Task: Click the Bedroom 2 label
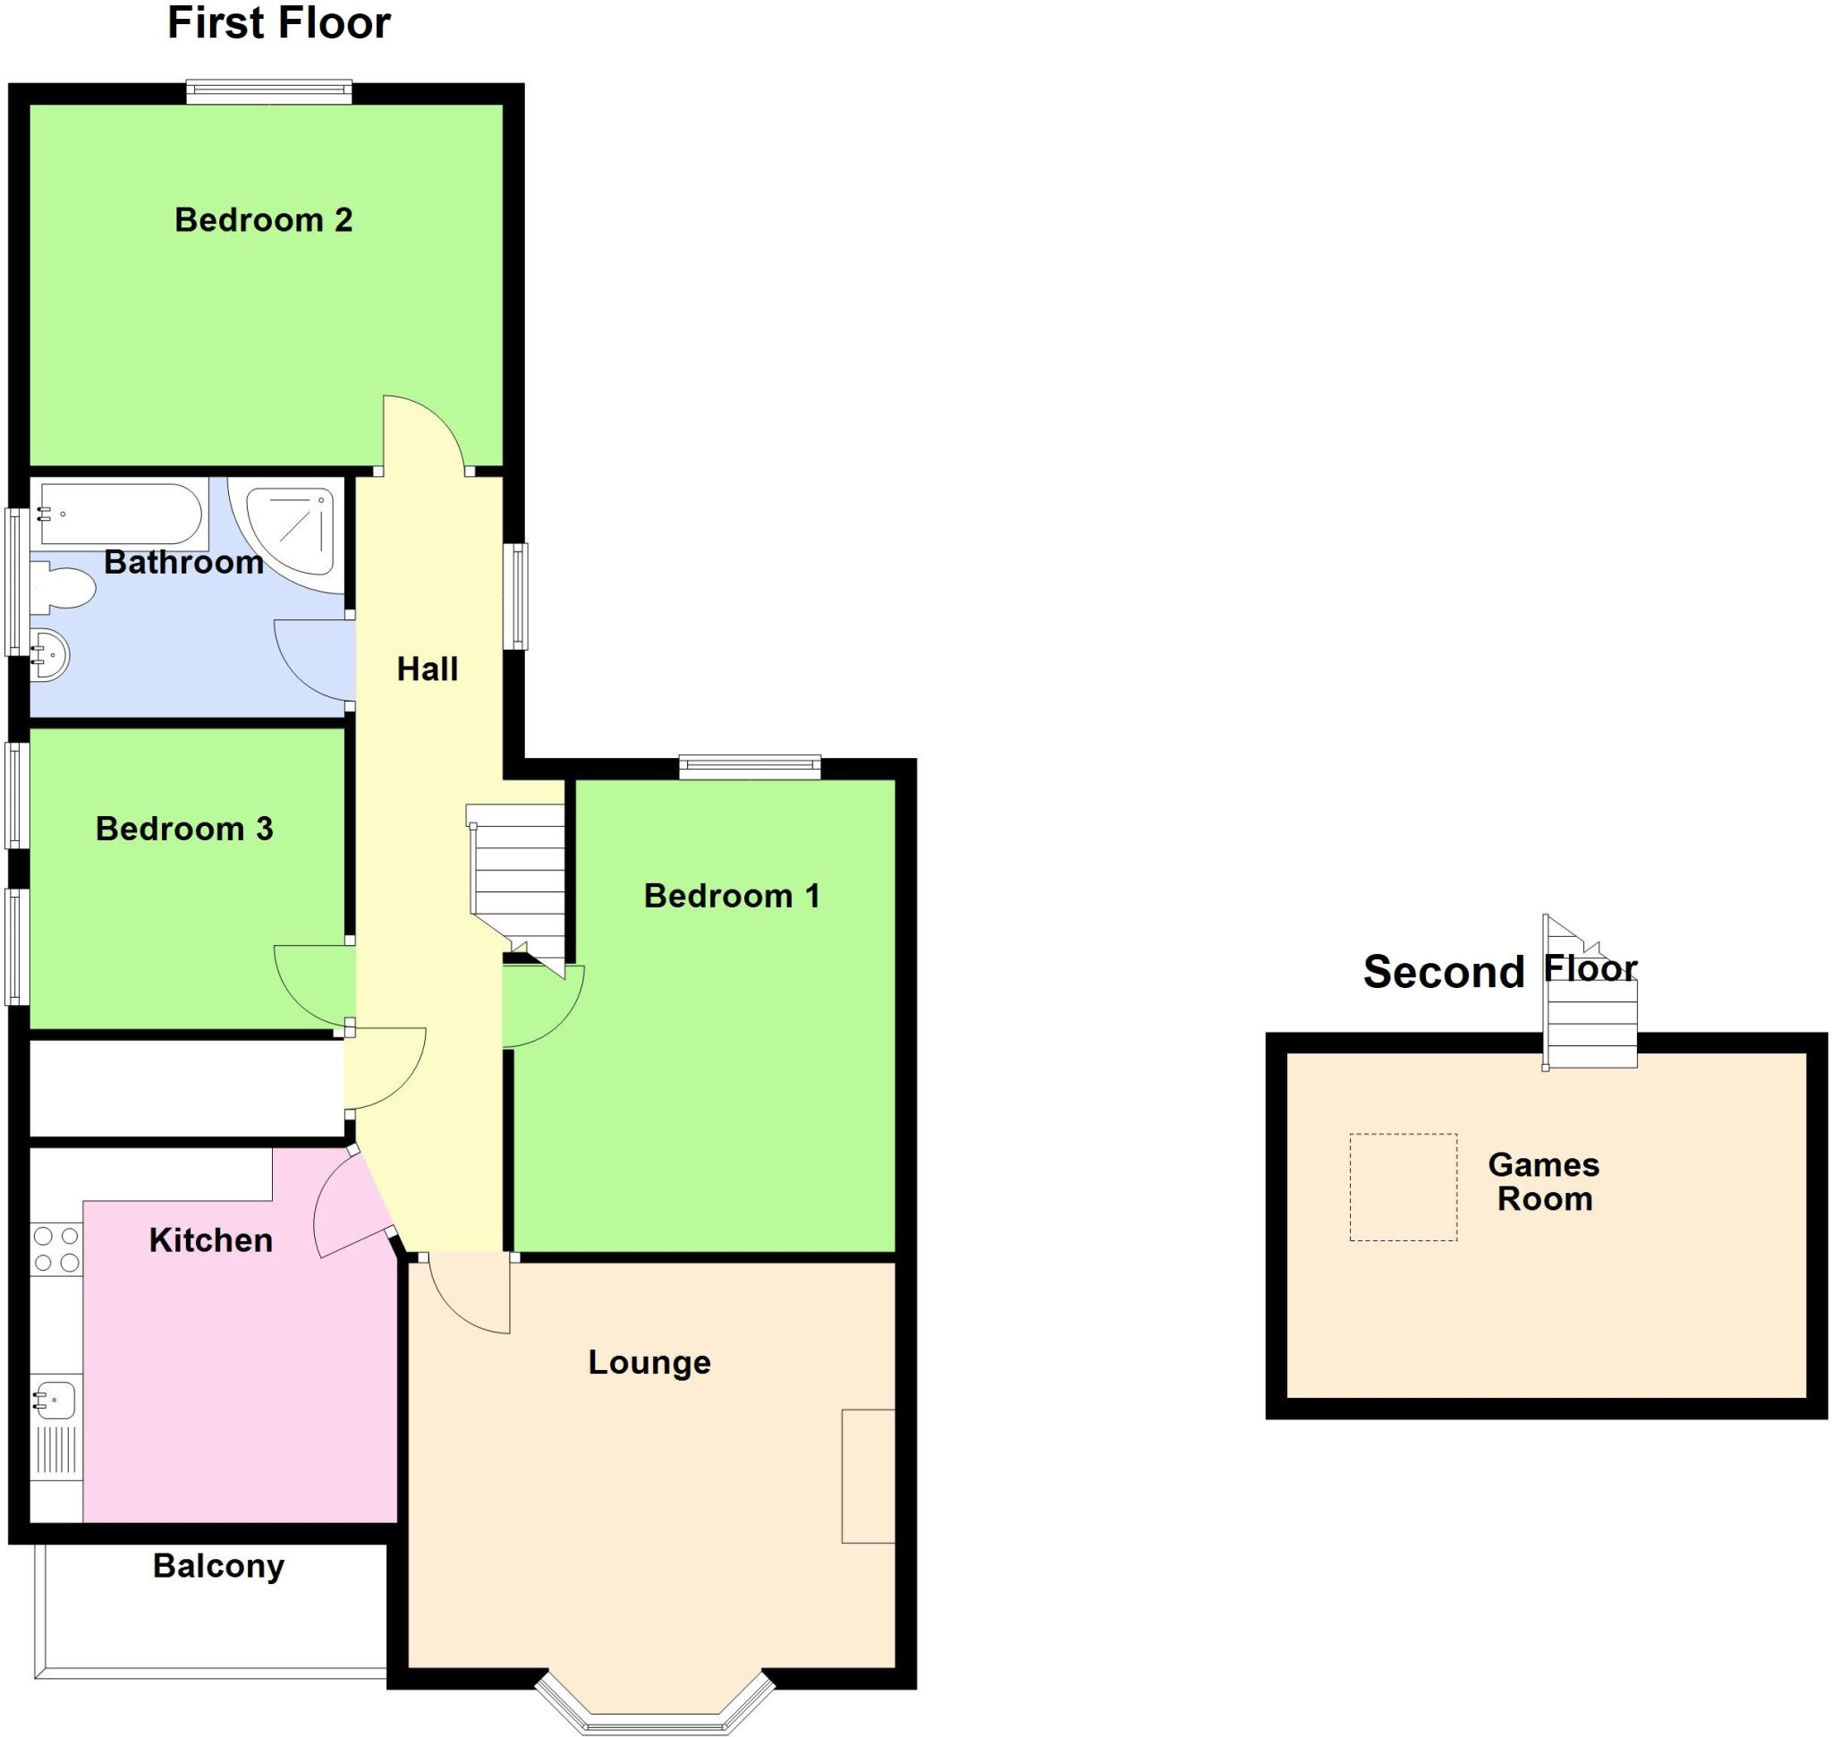coord(264,220)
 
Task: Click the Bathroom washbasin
coord(50,656)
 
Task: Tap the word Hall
coord(427,669)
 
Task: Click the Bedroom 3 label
coord(184,829)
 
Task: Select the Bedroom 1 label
coord(732,897)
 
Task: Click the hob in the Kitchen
coord(55,1249)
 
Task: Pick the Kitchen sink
coord(55,1401)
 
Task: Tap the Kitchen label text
coord(211,1240)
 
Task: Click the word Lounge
coord(649,1362)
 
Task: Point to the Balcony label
coord(218,1566)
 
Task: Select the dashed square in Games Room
coord(1403,1187)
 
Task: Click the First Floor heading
coord(278,23)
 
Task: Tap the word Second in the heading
coord(1443,972)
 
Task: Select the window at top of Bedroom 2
coord(268,90)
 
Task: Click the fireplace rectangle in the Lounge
coord(868,1476)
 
